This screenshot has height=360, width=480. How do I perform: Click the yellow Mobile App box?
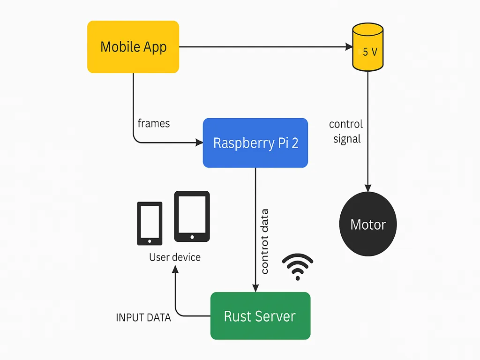tap(133, 47)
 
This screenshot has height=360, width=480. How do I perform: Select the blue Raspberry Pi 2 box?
tap(255, 142)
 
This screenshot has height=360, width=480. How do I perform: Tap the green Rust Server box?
tap(260, 315)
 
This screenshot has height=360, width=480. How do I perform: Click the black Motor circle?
tap(368, 224)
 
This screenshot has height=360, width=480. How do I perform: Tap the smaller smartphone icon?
tap(150, 223)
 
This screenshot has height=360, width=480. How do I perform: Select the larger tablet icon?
tap(192, 216)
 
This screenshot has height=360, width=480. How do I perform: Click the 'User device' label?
tap(175, 257)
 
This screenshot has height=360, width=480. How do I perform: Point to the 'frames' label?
tap(154, 123)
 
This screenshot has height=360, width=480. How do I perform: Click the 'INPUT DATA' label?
tap(143, 318)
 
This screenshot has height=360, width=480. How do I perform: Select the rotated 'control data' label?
tap(264, 241)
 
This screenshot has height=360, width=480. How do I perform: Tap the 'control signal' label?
tap(346, 132)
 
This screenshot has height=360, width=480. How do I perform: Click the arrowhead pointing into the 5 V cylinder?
tap(349, 47)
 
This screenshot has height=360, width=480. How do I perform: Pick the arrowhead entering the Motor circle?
tap(368, 188)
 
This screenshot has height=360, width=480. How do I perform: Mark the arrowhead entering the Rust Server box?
tap(255, 288)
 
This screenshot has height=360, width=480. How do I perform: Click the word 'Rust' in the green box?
tap(238, 316)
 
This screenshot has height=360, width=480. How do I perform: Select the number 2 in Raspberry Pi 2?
tap(294, 143)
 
